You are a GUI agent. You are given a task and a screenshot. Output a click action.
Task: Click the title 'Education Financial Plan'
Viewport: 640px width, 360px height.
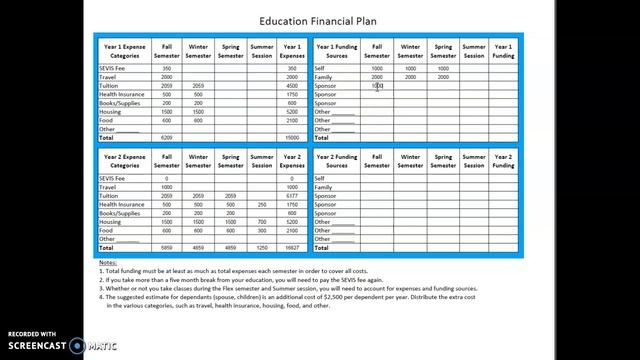tap(319, 19)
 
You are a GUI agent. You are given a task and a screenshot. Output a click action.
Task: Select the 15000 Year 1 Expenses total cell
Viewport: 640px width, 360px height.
tap(291, 138)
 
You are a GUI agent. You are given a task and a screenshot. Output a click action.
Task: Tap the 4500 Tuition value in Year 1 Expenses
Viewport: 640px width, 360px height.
tap(291, 86)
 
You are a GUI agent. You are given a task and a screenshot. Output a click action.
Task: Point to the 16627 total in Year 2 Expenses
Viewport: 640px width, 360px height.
tap(291, 247)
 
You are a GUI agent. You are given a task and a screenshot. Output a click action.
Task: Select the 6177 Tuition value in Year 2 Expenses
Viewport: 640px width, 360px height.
tap(291, 195)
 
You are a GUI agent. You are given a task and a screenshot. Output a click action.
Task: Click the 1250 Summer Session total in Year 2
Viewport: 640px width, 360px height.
tap(261, 247)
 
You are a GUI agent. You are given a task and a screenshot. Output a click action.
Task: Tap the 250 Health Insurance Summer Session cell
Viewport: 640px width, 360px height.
tap(261, 204)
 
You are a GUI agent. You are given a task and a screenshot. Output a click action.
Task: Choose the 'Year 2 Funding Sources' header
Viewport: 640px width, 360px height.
tap(336, 159)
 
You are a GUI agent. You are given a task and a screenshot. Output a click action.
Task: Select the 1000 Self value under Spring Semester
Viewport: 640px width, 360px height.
tap(443, 68)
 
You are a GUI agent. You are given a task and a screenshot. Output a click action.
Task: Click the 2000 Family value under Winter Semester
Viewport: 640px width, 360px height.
tap(410, 77)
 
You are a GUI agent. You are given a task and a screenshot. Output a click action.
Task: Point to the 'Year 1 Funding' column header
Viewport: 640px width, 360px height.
tap(503, 50)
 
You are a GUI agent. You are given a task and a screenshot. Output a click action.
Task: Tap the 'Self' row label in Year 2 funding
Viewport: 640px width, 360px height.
tap(320, 178)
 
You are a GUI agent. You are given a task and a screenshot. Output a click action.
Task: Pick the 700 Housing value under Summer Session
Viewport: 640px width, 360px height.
tap(261, 221)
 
